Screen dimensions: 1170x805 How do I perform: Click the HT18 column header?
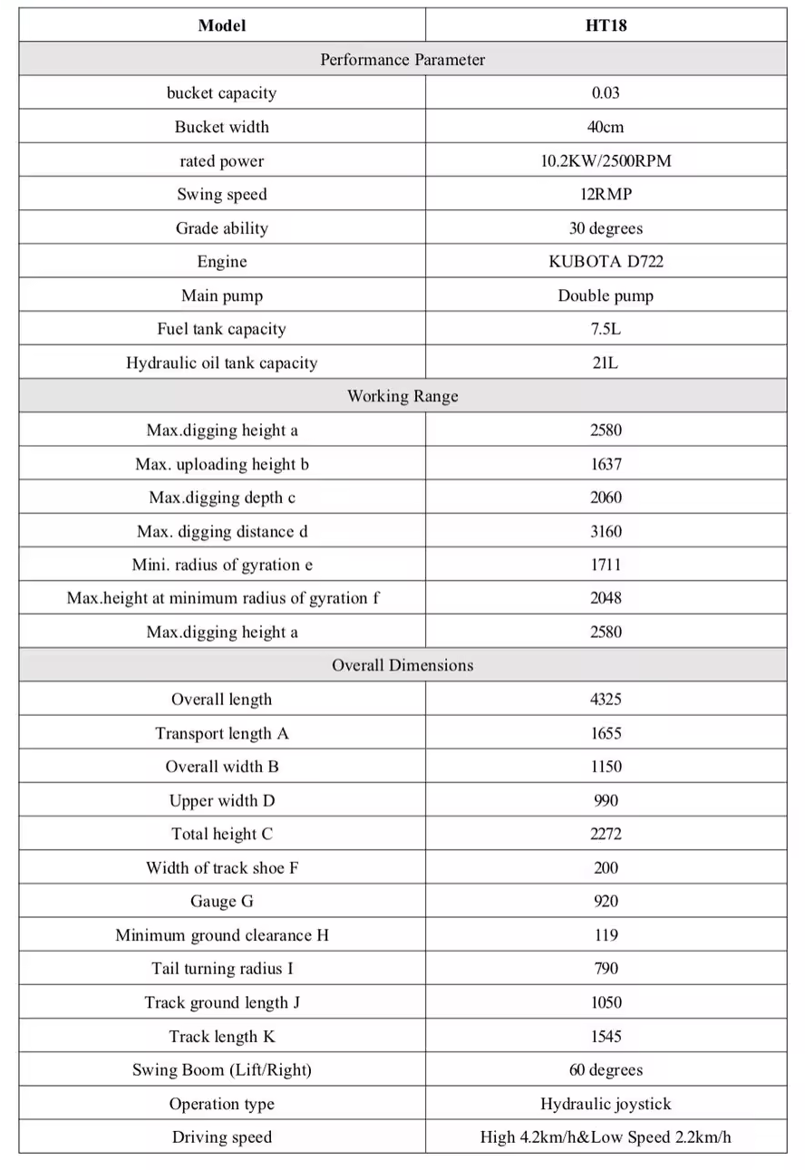pyautogui.click(x=606, y=25)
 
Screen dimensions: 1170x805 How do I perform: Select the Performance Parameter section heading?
pyautogui.click(x=402, y=60)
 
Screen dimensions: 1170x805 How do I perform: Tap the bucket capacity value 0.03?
pyautogui.click(x=606, y=92)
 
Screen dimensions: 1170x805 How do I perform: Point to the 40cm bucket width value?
pyautogui.click(x=606, y=127)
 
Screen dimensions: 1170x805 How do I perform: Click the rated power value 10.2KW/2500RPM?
pyautogui.click(x=606, y=161)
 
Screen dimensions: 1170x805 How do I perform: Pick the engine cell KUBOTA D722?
pyautogui.click(x=606, y=262)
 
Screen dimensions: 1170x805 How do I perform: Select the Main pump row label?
pyautogui.click(x=222, y=295)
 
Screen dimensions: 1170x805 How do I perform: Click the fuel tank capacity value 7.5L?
pyautogui.click(x=606, y=329)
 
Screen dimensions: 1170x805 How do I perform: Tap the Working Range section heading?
pyautogui.click(x=402, y=396)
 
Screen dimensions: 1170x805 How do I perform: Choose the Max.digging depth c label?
pyautogui.click(x=222, y=498)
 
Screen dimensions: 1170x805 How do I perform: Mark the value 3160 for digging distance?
pyautogui.click(x=606, y=531)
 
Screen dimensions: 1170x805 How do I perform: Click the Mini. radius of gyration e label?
pyautogui.click(x=222, y=565)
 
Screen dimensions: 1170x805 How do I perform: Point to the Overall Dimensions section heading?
pyautogui.click(x=402, y=665)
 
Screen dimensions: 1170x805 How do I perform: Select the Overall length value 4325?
pyautogui.click(x=606, y=700)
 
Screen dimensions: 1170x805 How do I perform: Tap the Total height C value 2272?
pyautogui.click(x=606, y=834)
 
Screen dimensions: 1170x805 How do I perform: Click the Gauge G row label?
pyautogui.click(x=222, y=901)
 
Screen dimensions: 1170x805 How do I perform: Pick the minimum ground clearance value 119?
pyautogui.click(x=606, y=935)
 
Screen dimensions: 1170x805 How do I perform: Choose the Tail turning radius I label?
pyautogui.click(x=222, y=969)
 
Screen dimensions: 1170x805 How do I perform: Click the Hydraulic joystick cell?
pyautogui.click(x=606, y=1104)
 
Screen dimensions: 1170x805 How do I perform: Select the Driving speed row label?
pyautogui.click(x=222, y=1137)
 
